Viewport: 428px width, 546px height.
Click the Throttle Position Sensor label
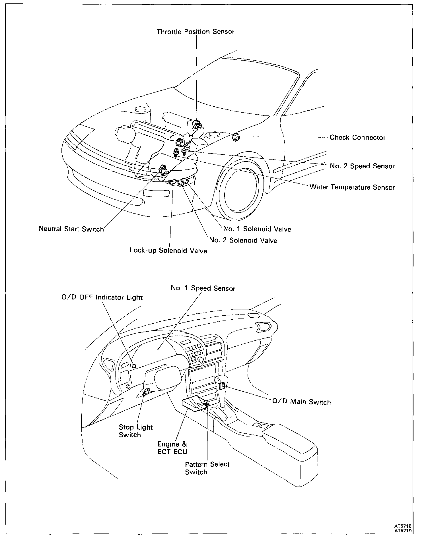(x=195, y=32)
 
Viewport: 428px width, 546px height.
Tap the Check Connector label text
(x=357, y=138)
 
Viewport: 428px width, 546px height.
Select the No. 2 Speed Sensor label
(x=362, y=166)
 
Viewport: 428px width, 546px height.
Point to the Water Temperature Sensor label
(x=352, y=187)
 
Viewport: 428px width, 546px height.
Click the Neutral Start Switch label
(x=71, y=229)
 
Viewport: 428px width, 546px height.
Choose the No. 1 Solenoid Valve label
(x=257, y=229)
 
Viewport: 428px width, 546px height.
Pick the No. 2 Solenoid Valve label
(x=243, y=240)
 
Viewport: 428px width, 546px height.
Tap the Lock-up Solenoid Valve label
(x=168, y=251)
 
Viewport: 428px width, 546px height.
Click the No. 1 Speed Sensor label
(x=203, y=288)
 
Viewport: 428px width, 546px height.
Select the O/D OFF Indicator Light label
(x=102, y=297)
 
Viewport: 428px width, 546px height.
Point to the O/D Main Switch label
(x=302, y=402)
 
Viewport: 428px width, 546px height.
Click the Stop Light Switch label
(x=135, y=431)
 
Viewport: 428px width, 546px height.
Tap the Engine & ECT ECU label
(x=172, y=448)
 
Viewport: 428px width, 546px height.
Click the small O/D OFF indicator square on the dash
(x=134, y=366)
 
